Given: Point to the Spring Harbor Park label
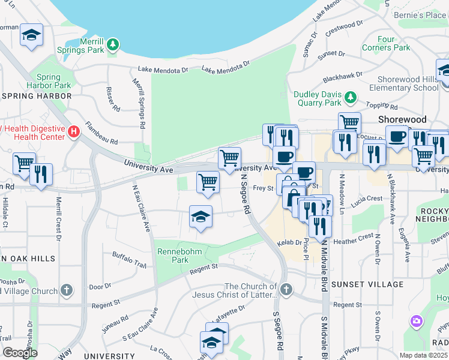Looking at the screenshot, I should (x=48, y=81).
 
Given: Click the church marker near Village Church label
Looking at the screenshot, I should (x=67, y=290).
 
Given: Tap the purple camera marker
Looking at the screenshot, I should (x=416, y=322).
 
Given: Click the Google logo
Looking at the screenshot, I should (x=20, y=353).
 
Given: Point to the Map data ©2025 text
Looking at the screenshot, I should (x=423, y=355).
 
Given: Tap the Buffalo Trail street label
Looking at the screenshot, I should (x=129, y=260).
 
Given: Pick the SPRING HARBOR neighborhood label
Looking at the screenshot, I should (x=37, y=95).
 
